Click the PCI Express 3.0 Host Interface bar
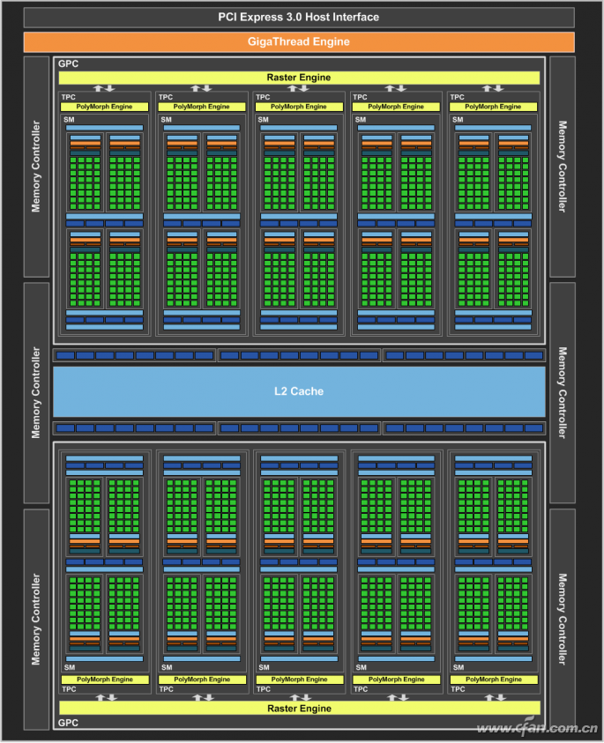click(x=299, y=17)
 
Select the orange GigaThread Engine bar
click(x=299, y=41)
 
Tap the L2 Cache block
click(x=299, y=391)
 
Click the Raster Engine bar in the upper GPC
click(x=299, y=78)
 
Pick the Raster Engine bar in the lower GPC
click(x=299, y=709)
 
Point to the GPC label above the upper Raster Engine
click(x=68, y=63)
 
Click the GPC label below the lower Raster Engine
click(x=68, y=723)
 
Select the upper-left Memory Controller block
click(x=36, y=167)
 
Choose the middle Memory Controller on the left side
click(x=36, y=393)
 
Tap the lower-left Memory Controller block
click(x=36, y=620)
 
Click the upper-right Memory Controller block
click(x=563, y=167)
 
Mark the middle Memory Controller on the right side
click(x=563, y=393)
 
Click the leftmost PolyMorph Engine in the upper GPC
click(x=104, y=107)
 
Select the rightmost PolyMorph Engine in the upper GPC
click(x=493, y=107)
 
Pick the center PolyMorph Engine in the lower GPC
click(x=299, y=680)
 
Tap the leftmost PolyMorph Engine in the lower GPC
click(x=105, y=680)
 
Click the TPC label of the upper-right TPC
click(x=457, y=97)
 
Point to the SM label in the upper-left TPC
click(x=70, y=119)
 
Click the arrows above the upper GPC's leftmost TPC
click(x=104, y=88)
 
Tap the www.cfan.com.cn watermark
click(x=537, y=727)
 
